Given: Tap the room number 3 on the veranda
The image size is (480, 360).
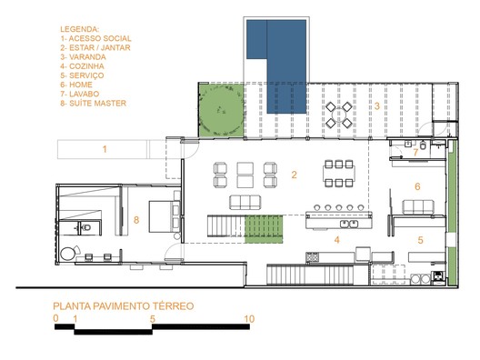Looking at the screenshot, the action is click(377, 106).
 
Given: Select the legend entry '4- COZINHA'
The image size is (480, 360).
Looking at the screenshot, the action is click(82, 66).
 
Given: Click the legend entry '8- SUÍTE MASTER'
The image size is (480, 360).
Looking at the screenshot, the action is click(94, 103).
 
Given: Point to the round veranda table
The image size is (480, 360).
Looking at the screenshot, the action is click(338, 115).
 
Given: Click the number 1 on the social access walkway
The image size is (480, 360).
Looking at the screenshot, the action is click(105, 149).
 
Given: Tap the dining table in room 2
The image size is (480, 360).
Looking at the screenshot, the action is click(339, 174).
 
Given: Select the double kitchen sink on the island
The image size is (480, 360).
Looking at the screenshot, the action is click(349, 224).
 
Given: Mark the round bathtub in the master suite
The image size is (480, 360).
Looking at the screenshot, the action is click(67, 254).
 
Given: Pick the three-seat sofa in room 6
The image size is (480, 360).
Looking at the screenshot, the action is click(418, 207).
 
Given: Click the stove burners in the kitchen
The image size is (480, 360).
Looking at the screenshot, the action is click(312, 256).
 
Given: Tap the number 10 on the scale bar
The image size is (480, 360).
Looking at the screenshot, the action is click(249, 319).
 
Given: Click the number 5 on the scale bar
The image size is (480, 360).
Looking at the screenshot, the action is click(153, 319).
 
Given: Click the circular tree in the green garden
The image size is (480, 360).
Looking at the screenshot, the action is click(221, 110).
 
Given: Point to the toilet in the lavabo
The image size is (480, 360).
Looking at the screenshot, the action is click(423, 145).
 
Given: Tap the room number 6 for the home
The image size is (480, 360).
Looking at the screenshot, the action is click(417, 186).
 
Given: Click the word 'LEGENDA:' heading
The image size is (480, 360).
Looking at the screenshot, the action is click(80, 29).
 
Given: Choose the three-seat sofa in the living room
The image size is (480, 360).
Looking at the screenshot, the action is click(245, 203).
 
